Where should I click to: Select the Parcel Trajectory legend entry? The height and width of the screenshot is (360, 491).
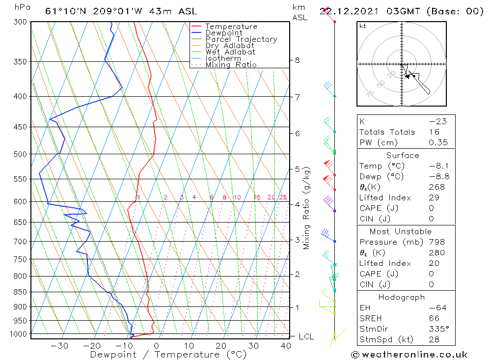tap(241, 39)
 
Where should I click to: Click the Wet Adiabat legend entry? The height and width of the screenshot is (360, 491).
tap(230, 52)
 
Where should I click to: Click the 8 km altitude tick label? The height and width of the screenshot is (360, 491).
tap(297, 60)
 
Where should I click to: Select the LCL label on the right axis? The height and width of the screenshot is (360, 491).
tap(306, 337)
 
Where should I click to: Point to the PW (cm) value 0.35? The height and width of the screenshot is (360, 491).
tap(438, 142)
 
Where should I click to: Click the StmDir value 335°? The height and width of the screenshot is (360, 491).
tap(438, 329)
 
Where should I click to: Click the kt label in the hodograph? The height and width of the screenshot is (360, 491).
tap(362, 26)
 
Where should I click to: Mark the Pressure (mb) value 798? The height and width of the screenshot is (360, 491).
tap(436, 242)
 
